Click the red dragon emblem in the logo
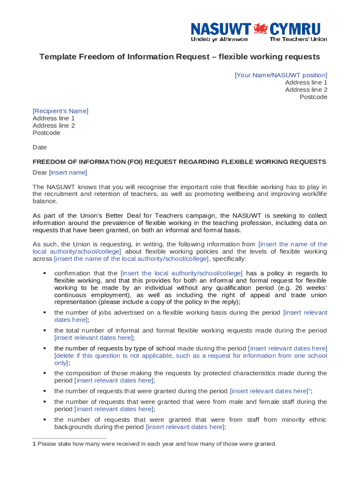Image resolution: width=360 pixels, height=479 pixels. [260, 29]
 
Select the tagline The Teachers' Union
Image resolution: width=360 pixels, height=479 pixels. [298, 39]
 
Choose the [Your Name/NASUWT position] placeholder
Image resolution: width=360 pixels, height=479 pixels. [281, 75]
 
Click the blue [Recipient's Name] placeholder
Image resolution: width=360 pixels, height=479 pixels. [60, 111]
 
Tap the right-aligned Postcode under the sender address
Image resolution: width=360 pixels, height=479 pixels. [313, 97]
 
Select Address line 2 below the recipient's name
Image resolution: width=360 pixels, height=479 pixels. [54, 125]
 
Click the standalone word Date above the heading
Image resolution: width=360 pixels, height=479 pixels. [40, 147]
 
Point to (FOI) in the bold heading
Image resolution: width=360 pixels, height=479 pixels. [135, 162]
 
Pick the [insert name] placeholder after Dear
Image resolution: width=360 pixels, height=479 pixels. [68, 173]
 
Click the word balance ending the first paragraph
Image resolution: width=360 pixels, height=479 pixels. [44, 201]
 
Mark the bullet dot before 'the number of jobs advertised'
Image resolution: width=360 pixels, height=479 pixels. [44, 312]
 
